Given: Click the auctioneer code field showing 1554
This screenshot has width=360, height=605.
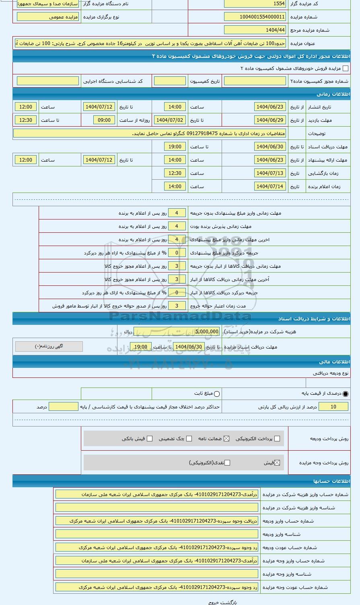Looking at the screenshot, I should click(x=255, y=4).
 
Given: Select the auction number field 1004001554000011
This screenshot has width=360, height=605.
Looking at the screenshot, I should click(x=255, y=17).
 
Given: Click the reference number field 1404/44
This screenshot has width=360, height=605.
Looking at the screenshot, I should click(x=255, y=30).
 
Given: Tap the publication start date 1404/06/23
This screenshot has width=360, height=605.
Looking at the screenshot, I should click(x=270, y=107).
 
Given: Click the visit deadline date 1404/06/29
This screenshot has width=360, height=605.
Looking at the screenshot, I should click(x=270, y=120).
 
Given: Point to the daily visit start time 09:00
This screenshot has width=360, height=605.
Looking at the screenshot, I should click(x=104, y=120).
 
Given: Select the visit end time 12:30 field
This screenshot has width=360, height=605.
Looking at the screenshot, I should click(x=26, y=120).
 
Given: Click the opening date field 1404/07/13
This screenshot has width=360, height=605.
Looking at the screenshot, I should click(x=270, y=173).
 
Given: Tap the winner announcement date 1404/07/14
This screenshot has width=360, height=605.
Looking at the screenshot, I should click(x=270, y=187).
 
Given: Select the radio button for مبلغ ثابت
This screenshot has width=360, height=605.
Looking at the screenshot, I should click(x=217, y=394).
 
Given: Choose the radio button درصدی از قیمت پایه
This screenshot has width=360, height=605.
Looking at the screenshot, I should click(x=346, y=394).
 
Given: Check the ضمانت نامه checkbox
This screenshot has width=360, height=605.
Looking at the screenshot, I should click(x=226, y=439).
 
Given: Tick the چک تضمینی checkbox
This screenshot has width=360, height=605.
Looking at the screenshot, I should click(x=189, y=439).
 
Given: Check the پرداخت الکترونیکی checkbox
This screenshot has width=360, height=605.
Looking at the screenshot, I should click(x=277, y=439).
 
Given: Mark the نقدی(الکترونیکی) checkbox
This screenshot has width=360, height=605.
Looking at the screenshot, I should click(x=227, y=463).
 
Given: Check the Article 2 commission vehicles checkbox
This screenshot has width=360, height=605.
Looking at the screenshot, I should click(x=346, y=69).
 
